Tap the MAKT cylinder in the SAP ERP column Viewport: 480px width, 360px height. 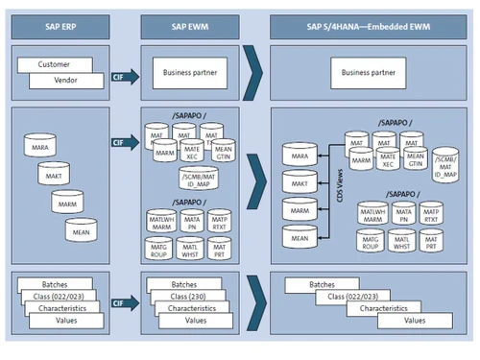click(x=53, y=176)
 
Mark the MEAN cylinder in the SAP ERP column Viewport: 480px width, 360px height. click(x=80, y=231)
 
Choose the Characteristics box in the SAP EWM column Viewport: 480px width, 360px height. click(x=197, y=309)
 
